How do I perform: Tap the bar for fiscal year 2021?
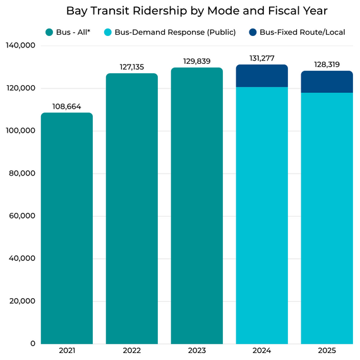click(x=67, y=227)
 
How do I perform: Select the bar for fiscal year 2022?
click(x=131, y=208)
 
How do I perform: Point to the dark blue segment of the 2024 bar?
click(x=261, y=76)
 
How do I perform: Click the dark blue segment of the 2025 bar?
click(x=327, y=81)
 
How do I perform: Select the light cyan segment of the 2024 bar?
click(x=261, y=215)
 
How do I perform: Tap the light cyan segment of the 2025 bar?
click(x=327, y=218)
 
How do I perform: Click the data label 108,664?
click(x=67, y=107)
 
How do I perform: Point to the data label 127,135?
click(x=131, y=67)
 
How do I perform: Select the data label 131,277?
click(x=261, y=58)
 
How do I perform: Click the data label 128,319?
click(x=327, y=64)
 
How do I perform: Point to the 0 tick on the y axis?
click(x=32, y=344)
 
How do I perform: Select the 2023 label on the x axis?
click(x=196, y=351)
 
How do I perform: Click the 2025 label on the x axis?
click(x=327, y=351)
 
